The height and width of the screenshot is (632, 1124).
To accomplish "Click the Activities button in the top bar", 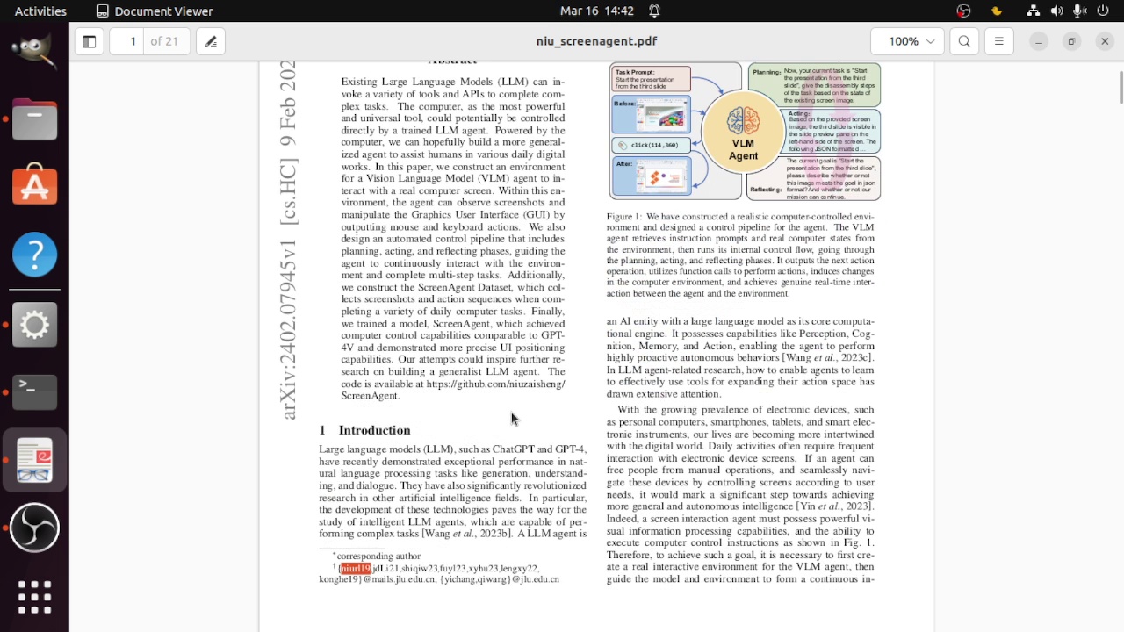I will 40,11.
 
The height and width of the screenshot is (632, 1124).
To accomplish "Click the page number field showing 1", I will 133,41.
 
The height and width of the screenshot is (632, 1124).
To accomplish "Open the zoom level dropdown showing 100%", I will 907,41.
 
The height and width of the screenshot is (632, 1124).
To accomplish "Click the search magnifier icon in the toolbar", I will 964,41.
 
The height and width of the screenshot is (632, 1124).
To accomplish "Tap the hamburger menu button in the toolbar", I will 998,41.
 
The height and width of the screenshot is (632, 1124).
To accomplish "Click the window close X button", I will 1105,41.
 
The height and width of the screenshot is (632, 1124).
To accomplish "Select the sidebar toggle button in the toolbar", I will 89,41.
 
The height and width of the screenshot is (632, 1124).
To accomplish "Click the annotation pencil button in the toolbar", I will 211,41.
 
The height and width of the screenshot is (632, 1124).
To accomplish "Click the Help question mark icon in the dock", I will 35,255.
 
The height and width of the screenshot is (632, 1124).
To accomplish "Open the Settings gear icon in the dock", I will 35,325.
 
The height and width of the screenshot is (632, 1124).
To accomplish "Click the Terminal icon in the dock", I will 35,392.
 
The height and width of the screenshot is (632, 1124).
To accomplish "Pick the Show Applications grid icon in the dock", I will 35,597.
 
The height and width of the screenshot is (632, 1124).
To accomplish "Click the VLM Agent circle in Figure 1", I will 743,132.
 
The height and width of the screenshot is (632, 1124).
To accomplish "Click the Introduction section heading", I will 374,430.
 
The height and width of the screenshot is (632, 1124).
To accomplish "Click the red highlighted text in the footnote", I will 356,569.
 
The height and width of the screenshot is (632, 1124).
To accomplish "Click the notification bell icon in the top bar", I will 654,11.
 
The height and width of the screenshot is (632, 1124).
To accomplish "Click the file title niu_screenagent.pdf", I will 596,41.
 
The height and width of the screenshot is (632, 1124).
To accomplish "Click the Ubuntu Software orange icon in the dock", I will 35,186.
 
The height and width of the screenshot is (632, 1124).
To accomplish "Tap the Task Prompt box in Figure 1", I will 651,79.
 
